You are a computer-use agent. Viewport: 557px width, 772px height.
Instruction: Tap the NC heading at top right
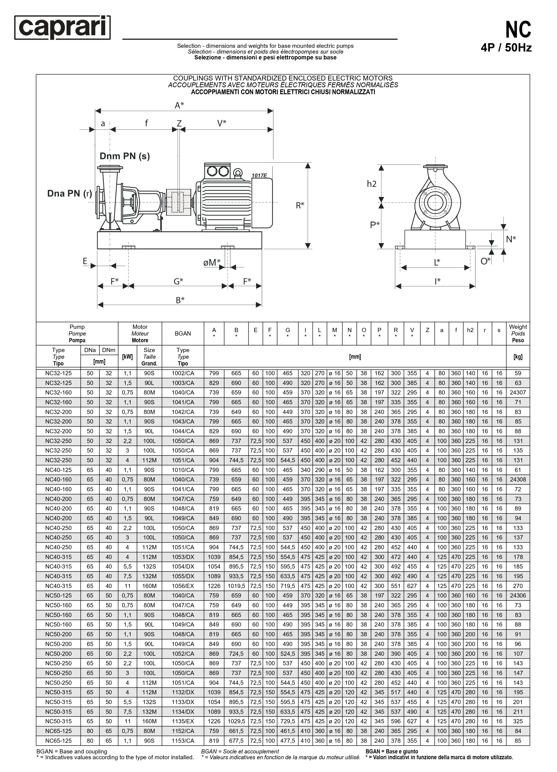(x=518, y=30)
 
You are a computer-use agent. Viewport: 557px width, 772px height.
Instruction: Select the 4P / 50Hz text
(x=506, y=48)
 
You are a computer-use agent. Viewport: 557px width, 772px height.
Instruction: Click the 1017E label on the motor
(x=259, y=176)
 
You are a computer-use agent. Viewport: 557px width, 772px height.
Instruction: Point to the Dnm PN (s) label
(x=125, y=156)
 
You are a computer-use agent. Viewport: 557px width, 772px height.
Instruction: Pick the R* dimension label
(x=300, y=205)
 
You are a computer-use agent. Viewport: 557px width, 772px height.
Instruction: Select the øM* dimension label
(x=212, y=262)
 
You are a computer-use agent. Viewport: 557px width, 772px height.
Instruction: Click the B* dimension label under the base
(x=180, y=300)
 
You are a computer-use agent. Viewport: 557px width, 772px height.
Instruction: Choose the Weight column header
(x=518, y=334)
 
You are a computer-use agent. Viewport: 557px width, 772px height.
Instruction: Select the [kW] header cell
(x=127, y=357)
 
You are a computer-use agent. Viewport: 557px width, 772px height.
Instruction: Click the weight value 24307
(x=518, y=392)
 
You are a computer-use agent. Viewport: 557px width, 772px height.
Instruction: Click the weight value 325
(x=518, y=721)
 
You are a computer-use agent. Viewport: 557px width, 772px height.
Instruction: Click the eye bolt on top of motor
(x=238, y=173)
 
